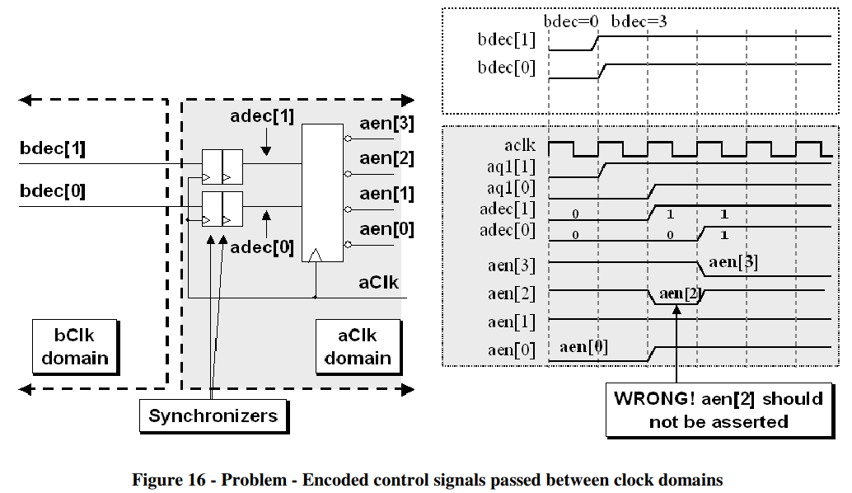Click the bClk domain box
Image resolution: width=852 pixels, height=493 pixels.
[75, 346]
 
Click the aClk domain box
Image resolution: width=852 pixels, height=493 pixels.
[357, 346]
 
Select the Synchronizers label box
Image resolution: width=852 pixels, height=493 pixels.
[213, 416]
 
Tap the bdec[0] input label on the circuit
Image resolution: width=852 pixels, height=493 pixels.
[53, 191]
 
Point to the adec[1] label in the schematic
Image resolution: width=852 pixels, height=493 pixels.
[262, 115]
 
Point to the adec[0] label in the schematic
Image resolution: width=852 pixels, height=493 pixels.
[262, 246]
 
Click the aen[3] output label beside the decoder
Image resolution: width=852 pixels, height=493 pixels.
[386, 124]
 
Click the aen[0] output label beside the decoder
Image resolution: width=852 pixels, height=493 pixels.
[386, 228]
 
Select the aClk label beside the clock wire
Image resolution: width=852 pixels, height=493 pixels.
[379, 282]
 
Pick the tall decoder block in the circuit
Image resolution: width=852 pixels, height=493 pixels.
[323, 193]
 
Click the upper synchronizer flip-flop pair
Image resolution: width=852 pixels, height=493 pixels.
[222, 167]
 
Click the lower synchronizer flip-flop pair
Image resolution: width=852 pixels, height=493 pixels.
[222, 208]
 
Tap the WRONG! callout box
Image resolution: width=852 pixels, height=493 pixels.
[718, 410]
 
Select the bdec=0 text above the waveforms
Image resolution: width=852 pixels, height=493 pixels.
[571, 21]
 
